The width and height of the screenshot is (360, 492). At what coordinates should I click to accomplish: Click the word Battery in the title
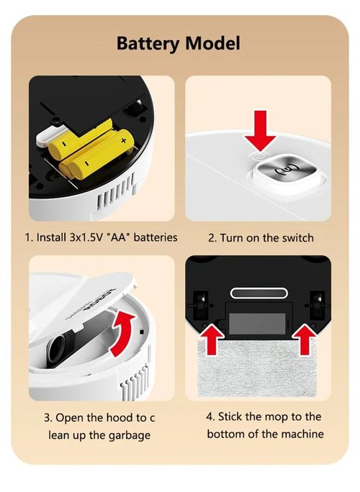pos(148,43)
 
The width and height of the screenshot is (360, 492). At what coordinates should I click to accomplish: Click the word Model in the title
pos(211,43)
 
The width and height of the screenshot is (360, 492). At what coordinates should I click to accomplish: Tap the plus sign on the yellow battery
pos(123,142)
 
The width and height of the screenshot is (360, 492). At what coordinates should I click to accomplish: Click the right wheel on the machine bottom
pos(315,304)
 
